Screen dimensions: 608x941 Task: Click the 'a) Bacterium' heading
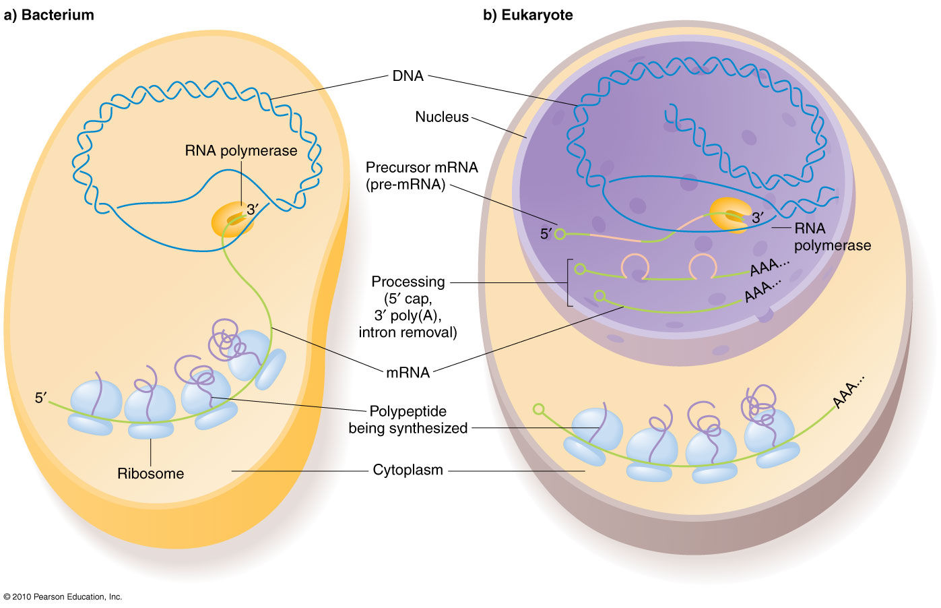pos(48,15)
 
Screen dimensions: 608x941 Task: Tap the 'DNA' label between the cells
pos(408,76)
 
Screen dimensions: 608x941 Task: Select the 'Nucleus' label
pos(441,117)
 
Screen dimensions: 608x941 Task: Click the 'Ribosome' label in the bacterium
pos(150,474)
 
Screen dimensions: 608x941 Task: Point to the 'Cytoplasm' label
pos(408,470)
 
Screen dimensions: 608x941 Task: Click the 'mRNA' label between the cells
pos(408,373)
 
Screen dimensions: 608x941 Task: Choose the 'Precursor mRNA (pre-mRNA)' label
pos(422,176)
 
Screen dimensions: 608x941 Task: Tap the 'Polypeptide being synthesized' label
pos(408,420)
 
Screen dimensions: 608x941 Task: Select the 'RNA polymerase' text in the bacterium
pos(240,151)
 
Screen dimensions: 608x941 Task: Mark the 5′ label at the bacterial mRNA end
pos(41,398)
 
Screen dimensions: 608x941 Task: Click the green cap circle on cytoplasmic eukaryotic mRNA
pos(538,409)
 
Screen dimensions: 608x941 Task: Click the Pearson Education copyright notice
pos(63,597)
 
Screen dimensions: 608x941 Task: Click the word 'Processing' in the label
pos(408,282)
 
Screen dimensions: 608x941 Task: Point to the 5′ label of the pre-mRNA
pos(546,235)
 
